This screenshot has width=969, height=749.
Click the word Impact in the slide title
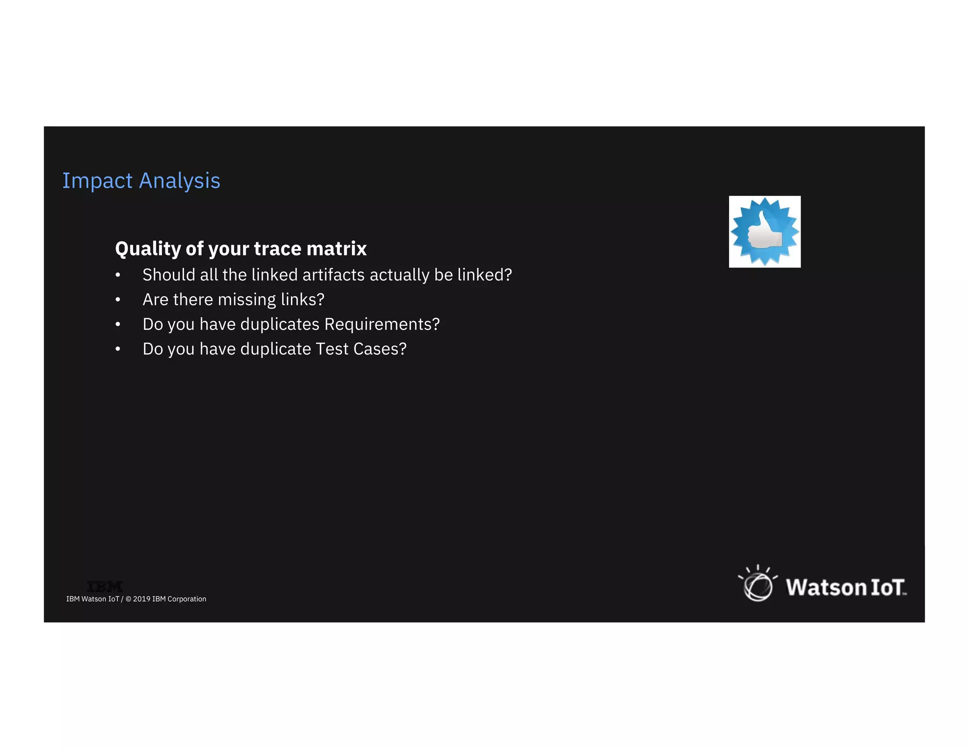click(97, 181)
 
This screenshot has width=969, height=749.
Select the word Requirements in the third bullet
click(382, 324)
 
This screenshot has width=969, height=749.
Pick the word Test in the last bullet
click(332, 349)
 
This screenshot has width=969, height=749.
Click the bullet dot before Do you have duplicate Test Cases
click(118, 349)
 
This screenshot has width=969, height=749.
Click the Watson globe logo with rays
click(758, 585)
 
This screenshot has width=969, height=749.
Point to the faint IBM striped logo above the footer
click(105, 587)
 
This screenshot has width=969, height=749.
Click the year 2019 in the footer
click(141, 599)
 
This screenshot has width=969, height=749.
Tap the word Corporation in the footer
click(187, 599)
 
